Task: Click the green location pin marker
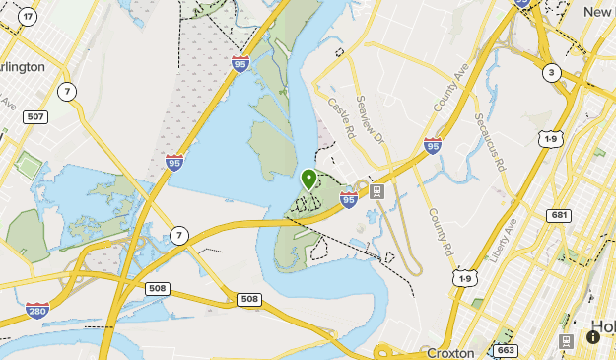[308, 180]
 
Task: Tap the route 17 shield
[28, 17]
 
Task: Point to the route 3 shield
[550, 72]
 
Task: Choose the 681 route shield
[560, 215]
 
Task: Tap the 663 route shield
[506, 350]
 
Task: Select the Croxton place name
[451, 352]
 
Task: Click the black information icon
[593, 337]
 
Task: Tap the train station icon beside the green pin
[376, 190]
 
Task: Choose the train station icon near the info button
[567, 340]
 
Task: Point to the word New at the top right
[597, 12]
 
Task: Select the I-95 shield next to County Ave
[432, 146]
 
